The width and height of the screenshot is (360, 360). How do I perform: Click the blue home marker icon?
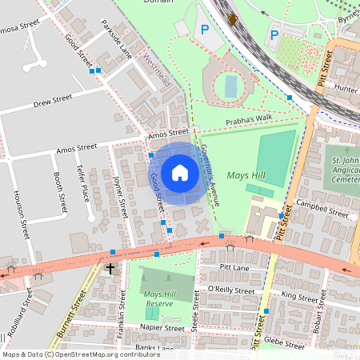point(180,173)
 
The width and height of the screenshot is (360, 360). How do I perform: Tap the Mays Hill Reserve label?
point(159,299)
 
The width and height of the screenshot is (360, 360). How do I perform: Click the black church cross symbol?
point(110,270)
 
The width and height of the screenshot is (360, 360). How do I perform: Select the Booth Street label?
point(57,189)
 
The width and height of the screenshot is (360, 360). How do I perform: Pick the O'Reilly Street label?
point(230,290)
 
